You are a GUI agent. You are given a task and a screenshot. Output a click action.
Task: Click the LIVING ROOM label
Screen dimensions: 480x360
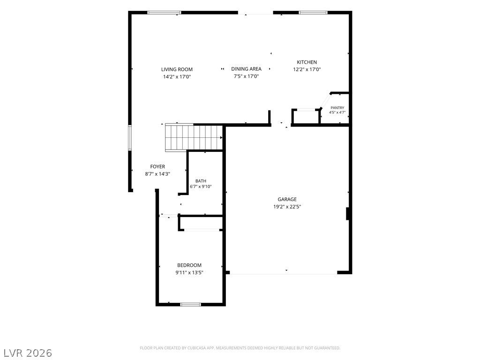tap(177, 69)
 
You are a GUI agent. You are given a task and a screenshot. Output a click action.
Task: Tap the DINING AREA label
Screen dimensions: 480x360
tap(246, 69)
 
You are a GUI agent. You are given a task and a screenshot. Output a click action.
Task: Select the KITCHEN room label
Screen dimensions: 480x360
tap(307, 62)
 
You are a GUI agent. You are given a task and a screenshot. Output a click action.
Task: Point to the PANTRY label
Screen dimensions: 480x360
tap(337, 108)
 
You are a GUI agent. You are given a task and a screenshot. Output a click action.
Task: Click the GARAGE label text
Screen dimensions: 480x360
tap(287, 199)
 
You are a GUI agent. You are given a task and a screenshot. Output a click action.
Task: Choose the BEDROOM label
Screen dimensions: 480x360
tap(189, 265)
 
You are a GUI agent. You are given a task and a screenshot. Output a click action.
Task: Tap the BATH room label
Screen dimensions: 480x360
tap(201, 181)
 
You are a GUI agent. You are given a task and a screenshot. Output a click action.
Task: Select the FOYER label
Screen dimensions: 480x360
tap(157, 166)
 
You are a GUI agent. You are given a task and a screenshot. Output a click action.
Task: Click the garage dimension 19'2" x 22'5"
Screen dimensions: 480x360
tap(287, 207)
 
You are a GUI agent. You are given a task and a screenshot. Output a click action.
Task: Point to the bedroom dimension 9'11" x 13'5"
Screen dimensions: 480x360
tap(189, 273)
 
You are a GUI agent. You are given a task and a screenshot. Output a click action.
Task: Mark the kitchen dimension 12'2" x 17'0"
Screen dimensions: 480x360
tap(307, 69)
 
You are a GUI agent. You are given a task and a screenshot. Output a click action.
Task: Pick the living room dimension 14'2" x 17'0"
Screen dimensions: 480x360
tap(177, 77)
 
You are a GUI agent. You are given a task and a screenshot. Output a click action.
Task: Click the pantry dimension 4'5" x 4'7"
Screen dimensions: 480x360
tap(337, 112)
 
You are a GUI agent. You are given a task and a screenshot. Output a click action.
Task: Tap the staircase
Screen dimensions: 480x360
tap(194, 137)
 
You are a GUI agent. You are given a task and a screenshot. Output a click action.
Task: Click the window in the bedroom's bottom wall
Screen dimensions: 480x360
tap(190, 304)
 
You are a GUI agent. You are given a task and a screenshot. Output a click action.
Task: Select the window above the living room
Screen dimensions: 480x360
tap(164, 13)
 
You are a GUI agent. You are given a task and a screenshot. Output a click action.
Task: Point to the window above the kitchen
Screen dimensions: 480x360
tap(313, 13)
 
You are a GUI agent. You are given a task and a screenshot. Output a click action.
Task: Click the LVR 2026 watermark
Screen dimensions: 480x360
tap(26, 353)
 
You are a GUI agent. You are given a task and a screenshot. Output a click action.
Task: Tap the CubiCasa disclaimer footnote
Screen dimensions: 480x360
tap(240, 348)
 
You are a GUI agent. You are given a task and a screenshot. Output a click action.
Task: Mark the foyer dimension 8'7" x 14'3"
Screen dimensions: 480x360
tap(157, 174)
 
